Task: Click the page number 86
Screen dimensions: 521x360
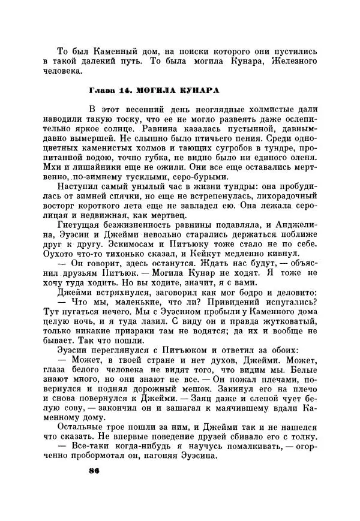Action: click(x=93, y=470)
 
